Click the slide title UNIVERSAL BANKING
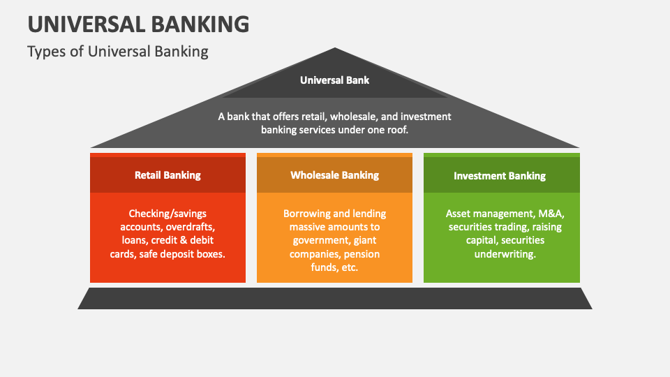tap(138, 23)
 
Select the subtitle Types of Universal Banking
tap(118, 51)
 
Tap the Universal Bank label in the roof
tap(334, 80)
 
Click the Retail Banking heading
tap(167, 175)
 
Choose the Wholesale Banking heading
tap(334, 175)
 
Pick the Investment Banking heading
tap(500, 176)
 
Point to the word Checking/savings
tap(167, 214)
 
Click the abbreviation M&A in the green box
tap(548, 214)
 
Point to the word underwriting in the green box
tap(505, 254)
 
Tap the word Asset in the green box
tap(459, 214)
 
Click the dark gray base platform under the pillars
tap(334, 298)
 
